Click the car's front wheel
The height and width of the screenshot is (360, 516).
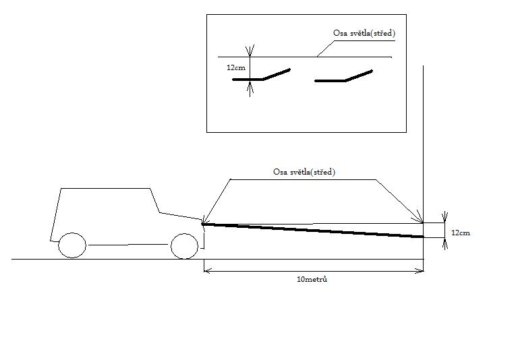point(184,245)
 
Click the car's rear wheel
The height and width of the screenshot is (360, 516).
point(72,245)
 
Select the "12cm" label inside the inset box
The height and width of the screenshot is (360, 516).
point(235,67)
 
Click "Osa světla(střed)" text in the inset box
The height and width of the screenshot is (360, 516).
point(364,32)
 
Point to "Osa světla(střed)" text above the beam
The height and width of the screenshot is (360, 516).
point(304,172)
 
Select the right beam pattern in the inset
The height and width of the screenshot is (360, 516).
point(344,76)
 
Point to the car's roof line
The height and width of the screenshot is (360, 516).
point(105,189)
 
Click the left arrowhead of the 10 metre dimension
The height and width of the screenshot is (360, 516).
point(206,271)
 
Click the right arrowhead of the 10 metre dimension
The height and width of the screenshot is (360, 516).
point(420,271)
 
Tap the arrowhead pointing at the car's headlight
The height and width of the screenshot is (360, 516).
point(204,220)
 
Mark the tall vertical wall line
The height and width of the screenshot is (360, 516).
point(423,135)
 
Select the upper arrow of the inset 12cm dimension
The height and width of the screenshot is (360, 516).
point(250,51)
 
